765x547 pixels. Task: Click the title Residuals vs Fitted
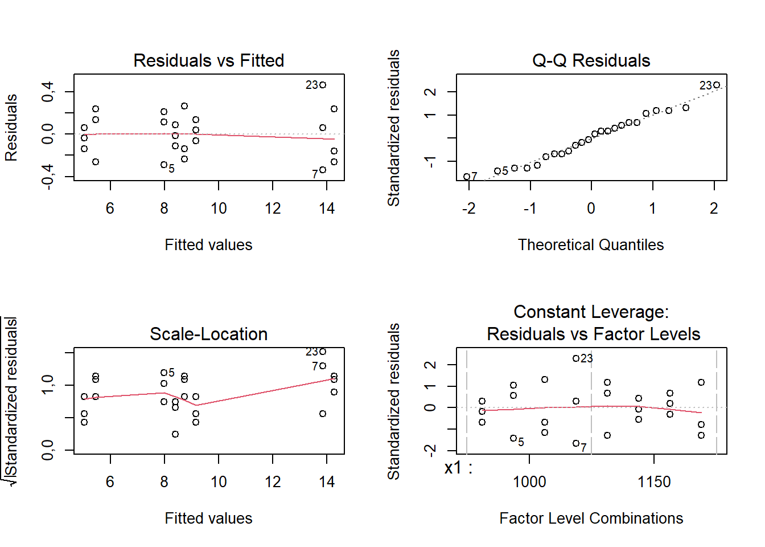pyautogui.click(x=208, y=60)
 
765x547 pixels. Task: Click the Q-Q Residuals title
pyautogui.click(x=591, y=60)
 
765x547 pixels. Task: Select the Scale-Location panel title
pyautogui.click(x=208, y=334)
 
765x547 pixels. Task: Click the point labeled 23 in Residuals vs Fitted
pyautogui.click(x=323, y=85)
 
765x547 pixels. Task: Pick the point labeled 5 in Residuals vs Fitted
pyautogui.click(x=164, y=165)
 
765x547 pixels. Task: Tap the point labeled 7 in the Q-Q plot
pyautogui.click(x=467, y=177)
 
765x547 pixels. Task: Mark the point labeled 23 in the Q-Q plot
pyautogui.click(x=717, y=85)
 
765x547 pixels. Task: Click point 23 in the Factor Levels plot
pyautogui.click(x=576, y=358)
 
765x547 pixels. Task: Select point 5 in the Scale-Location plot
pyautogui.click(x=164, y=373)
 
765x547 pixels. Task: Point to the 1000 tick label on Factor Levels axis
pyautogui.click(x=529, y=482)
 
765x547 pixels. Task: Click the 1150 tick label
pyautogui.click(x=654, y=482)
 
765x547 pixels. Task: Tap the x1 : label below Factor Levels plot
pyautogui.click(x=458, y=468)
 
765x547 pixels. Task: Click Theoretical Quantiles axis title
pyautogui.click(x=591, y=245)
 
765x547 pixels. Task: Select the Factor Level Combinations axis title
pyautogui.click(x=591, y=519)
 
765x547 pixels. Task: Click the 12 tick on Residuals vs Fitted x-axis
pyautogui.click(x=273, y=209)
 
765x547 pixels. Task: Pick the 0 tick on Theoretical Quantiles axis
pyautogui.click(x=591, y=209)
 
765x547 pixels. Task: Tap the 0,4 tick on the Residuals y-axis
pyautogui.click(x=48, y=91)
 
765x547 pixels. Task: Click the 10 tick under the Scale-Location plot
pyautogui.click(x=219, y=482)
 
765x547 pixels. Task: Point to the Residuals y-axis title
pyautogui.click(x=11, y=128)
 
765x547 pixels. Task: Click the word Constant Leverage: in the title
pyautogui.click(x=591, y=312)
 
